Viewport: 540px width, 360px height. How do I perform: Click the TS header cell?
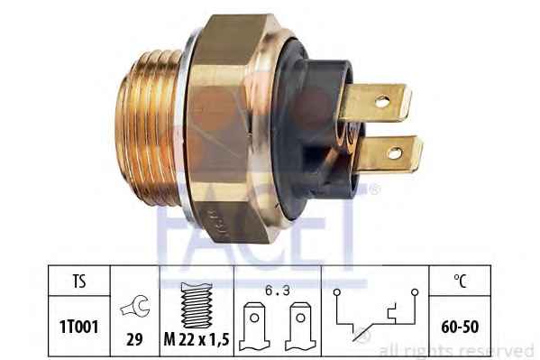click(x=79, y=281)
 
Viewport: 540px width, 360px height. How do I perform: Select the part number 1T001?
click(x=79, y=327)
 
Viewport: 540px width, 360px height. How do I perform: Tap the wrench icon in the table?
click(x=135, y=306)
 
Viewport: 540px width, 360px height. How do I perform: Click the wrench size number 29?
click(x=134, y=339)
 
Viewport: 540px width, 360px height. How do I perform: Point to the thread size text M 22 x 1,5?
click(x=197, y=339)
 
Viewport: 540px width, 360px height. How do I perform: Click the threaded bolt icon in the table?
click(x=197, y=305)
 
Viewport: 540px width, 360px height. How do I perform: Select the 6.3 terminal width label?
click(x=278, y=291)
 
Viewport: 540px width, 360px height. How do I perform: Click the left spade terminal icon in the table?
click(x=254, y=327)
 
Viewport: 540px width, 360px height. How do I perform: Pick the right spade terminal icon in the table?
click(x=300, y=327)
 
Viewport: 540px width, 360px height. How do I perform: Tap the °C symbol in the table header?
click(x=460, y=281)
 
